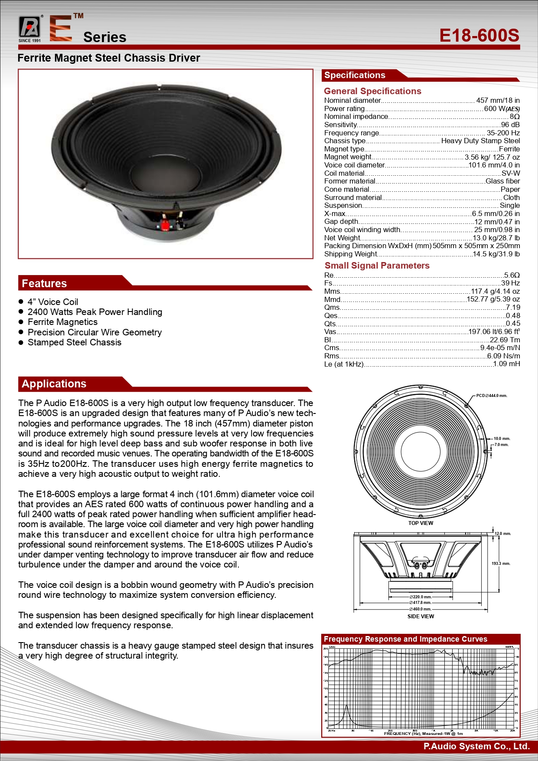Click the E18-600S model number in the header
click(479, 35)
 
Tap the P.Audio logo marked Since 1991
click(29, 29)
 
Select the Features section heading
click(44, 283)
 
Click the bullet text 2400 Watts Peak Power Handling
click(95, 312)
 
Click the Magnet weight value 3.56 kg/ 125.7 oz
click(492, 157)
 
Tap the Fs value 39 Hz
click(510, 283)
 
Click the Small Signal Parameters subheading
click(377, 266)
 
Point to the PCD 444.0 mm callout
click(492, 396)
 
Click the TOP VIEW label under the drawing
click(421, 523)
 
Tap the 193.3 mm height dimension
click(501, 564)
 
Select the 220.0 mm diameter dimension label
click(421, 597)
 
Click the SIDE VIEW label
click(421, 616)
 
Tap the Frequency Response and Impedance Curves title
click(405, 639)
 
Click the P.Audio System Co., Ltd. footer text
click(476, 746)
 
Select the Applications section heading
click(54, 384)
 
